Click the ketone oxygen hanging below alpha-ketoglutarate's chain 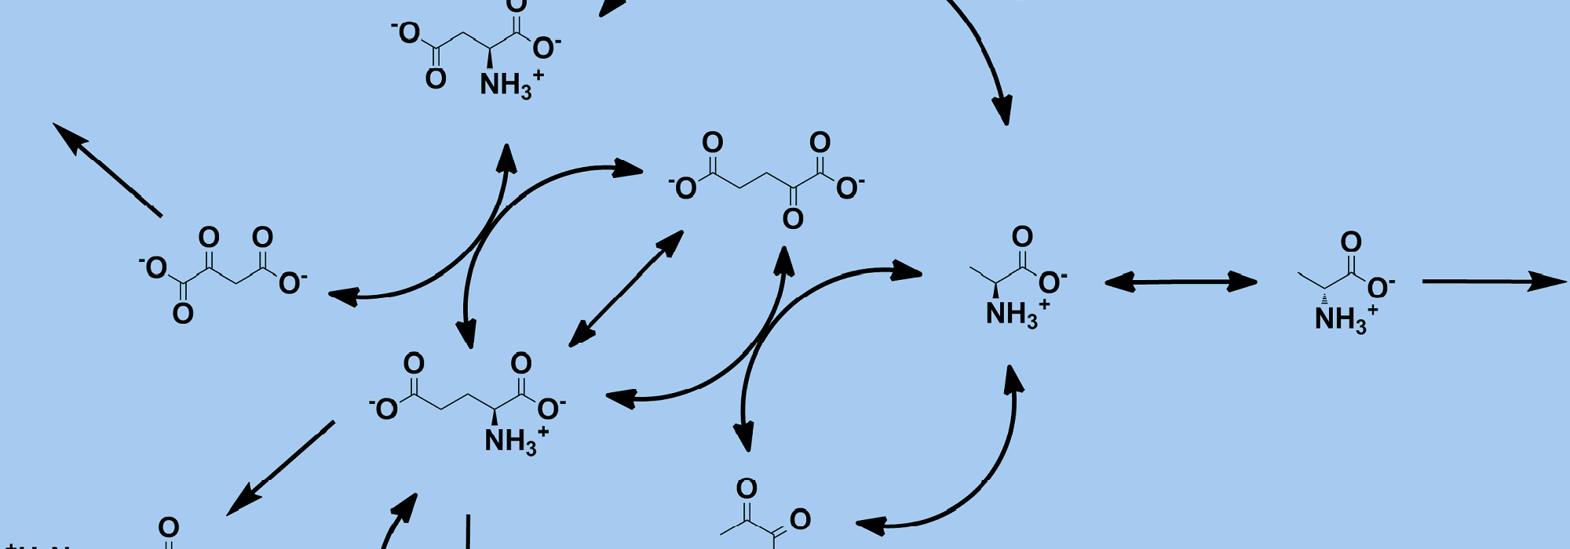click(793, 217)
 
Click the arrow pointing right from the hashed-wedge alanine click(1491, 282)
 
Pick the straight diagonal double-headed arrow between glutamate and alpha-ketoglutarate click(626, 289)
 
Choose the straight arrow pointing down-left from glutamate click(281, 468)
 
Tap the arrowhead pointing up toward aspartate click(507, 159)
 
